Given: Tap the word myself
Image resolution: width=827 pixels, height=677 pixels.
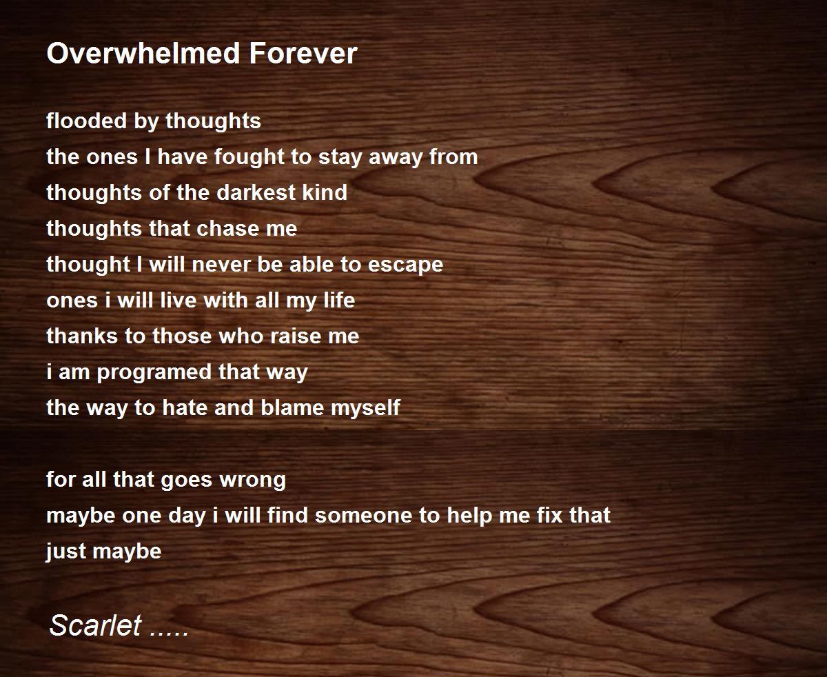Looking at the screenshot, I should [365, 408].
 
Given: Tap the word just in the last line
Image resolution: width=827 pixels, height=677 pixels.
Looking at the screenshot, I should [65, 552].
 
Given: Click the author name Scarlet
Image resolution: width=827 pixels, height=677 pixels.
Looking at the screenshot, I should [96, 626].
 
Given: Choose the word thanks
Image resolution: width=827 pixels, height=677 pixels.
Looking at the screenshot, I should [80, 336].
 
